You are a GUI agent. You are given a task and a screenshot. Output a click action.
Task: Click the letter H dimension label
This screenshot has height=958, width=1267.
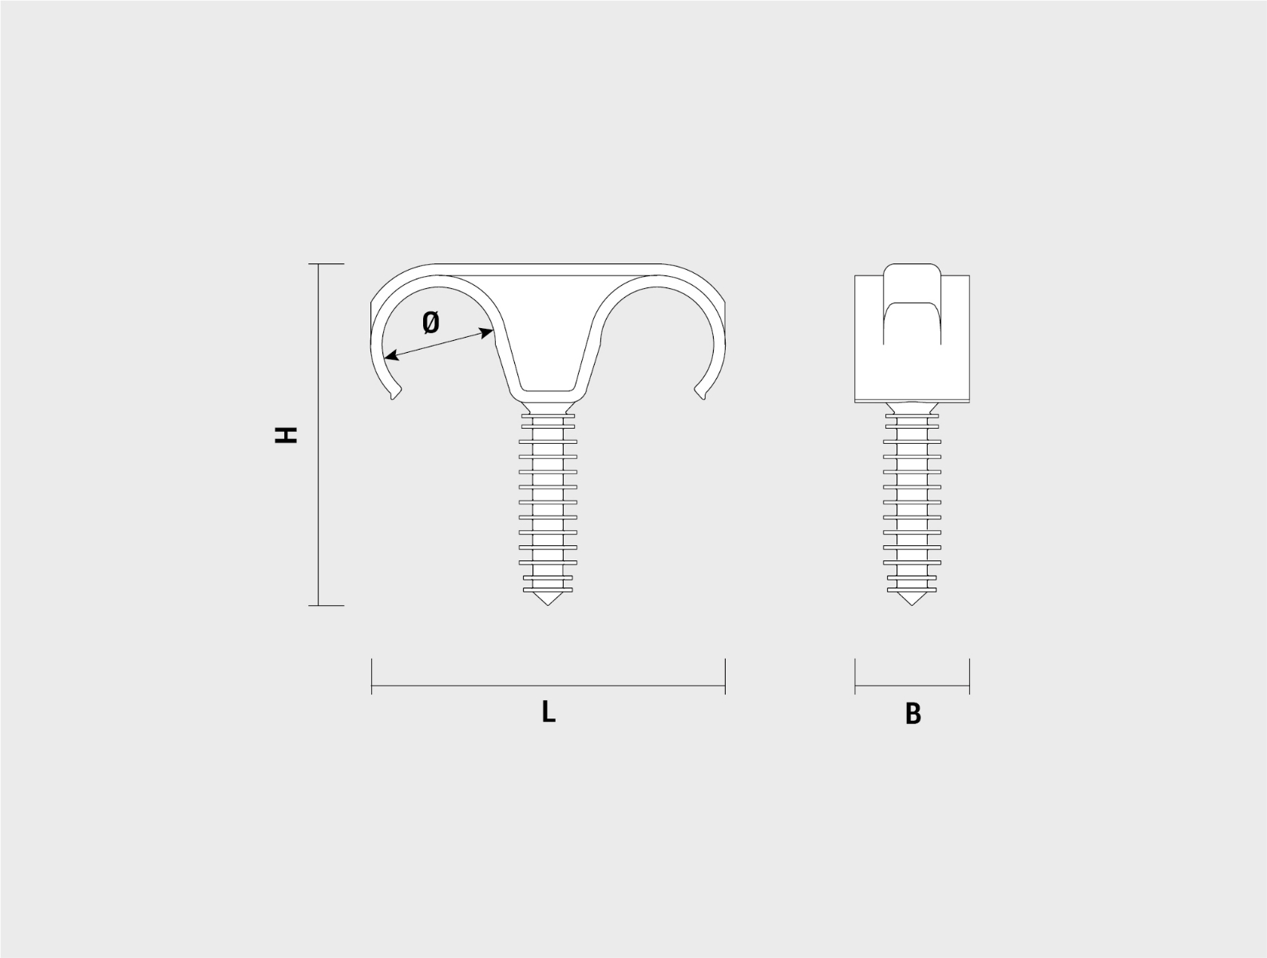coord(285,435)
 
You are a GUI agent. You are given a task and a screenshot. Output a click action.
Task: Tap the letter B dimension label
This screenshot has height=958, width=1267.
coord(913,714)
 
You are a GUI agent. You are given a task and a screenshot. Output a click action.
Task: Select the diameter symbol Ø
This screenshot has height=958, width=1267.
coord(430,322)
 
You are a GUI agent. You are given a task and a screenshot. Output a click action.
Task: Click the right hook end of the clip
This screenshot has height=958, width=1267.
coord(701,394)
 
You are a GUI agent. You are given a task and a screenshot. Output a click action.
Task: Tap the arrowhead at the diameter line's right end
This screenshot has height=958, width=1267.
coord(486,332)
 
